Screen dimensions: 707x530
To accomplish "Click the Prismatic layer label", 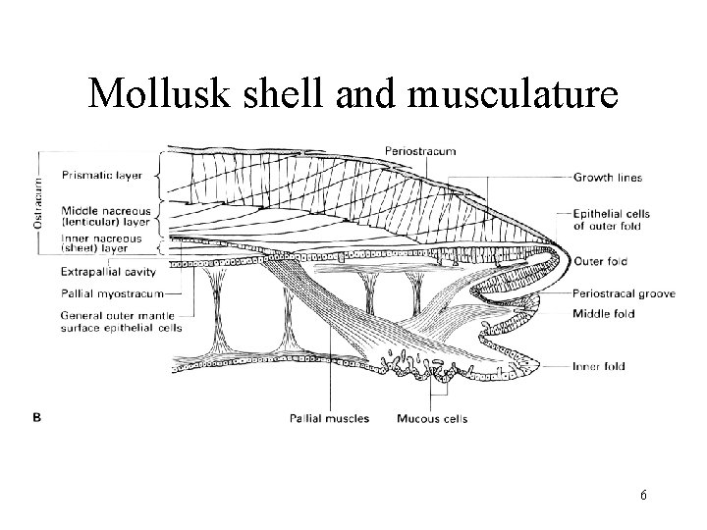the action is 101,176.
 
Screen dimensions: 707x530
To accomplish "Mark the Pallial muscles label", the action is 330,419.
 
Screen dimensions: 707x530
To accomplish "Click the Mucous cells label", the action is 432,419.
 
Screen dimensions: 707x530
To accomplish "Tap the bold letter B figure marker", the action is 38,417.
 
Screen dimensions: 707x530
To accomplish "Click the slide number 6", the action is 642,497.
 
